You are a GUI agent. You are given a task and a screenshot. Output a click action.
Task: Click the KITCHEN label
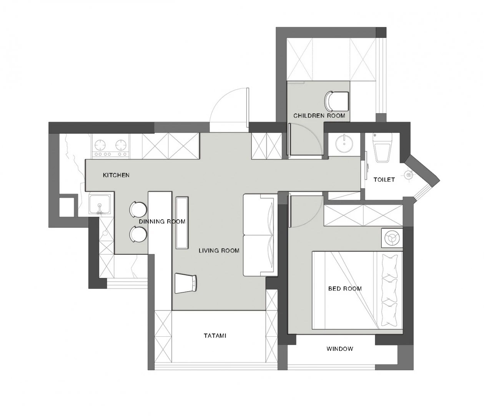(116, 175)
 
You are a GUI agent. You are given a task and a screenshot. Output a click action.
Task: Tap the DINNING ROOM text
(162, 222)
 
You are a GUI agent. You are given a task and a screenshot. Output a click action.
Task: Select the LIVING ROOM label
(219, 251)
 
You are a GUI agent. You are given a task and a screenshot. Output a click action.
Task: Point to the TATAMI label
(215, 336)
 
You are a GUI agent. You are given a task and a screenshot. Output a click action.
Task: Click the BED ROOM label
(345, 289)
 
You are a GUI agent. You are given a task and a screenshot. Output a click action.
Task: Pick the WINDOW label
(340, 349)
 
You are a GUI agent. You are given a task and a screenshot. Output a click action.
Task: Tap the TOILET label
(384, 180)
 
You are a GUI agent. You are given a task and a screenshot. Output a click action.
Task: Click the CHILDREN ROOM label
(319, 115)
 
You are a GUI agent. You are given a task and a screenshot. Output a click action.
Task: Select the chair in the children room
(336, 102)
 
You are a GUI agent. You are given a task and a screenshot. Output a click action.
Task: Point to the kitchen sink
(100, 205)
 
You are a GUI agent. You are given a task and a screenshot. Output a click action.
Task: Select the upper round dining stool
(138, 209)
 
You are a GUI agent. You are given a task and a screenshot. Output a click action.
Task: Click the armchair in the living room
(186, 284)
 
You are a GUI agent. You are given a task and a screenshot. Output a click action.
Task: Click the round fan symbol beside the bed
(391, 238)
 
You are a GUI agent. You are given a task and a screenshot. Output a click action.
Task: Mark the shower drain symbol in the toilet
(409, 175)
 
